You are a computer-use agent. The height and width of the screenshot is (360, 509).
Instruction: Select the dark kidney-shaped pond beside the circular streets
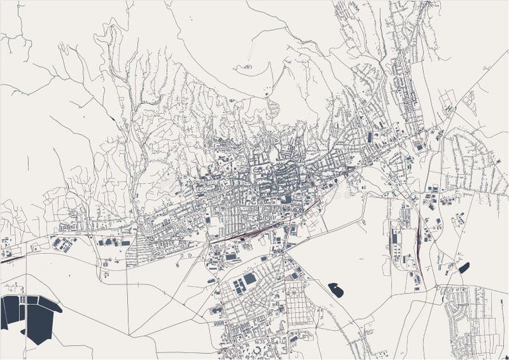(337, 290)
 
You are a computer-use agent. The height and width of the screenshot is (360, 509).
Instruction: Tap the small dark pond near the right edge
(463, 268)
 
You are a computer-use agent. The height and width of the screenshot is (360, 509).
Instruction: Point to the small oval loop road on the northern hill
(247, 66)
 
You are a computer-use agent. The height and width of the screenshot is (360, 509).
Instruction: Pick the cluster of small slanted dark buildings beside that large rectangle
(237, 286)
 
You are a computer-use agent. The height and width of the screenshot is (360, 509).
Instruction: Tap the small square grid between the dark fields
(22, 300)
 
